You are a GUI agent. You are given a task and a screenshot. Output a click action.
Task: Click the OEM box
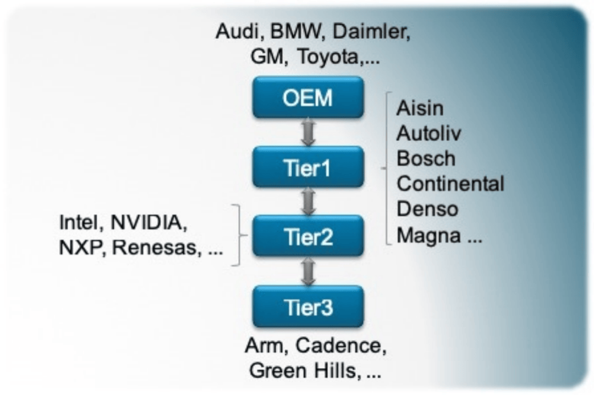coord(308,97)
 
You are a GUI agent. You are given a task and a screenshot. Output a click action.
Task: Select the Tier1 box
coord(308,167)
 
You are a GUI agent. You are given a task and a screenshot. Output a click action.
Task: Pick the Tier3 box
coord(308,306)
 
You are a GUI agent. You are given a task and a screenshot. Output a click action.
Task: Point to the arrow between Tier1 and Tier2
coord(308,202)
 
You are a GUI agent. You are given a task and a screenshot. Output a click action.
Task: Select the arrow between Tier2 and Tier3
coord(308,271)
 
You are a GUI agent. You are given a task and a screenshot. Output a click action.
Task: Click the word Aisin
coord(420,108)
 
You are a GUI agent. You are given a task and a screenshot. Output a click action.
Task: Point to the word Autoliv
coord(429,133)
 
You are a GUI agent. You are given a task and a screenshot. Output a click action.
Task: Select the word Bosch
coord(426,159)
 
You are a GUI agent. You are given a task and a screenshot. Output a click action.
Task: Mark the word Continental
coord(450,184)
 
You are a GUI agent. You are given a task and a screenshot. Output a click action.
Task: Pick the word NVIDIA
coord(145,222)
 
